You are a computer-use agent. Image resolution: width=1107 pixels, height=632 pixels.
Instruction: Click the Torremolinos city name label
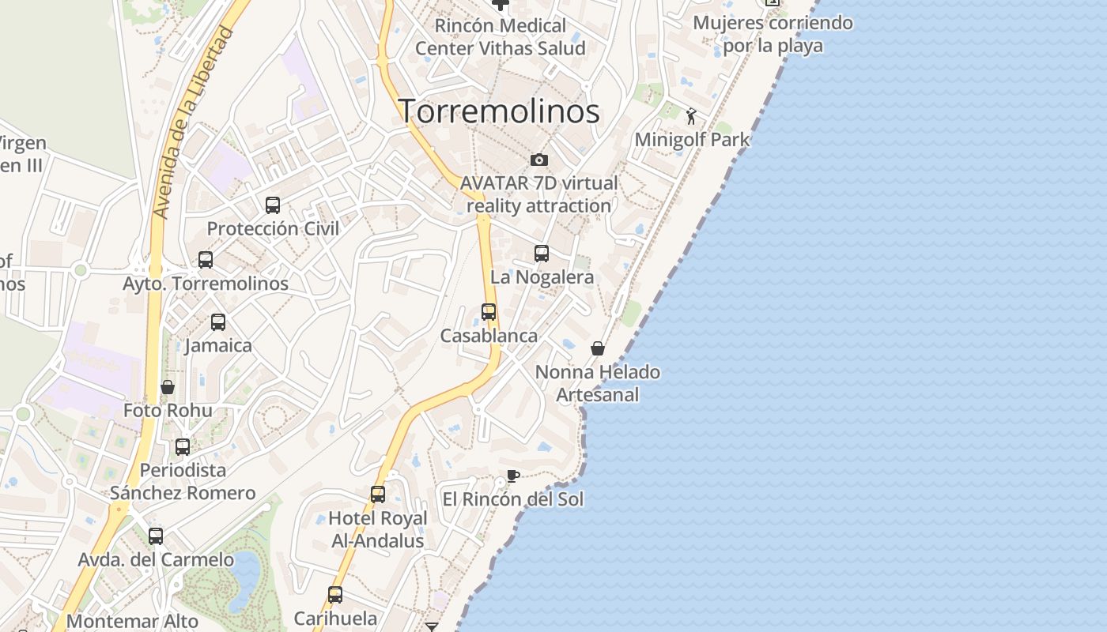pyautogui.click(x=498, y=111)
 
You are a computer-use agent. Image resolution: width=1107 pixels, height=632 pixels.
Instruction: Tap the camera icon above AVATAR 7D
pyautogui.click(x=539, y=160)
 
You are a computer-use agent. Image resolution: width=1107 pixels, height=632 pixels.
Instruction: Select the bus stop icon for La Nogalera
pyautogui.click(x=542, y=254)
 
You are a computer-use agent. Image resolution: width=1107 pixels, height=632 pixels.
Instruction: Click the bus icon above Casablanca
pyautogui.click(x=489, y=312)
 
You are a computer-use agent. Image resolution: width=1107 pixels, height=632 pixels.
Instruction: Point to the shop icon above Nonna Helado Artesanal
pyautogui.click(x=598, y=348)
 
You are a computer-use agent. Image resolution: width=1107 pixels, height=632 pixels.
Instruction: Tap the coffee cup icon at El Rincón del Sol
pyautogui.click(x=512, y=476)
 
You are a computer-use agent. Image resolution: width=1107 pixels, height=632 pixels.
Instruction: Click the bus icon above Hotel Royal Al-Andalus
pyautogui.click(x=378, y=495)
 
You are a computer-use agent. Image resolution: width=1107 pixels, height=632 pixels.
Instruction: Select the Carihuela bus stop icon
pyautogui.click(x=335, y=595)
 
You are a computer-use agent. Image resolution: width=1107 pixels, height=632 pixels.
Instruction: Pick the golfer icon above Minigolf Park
pyautogui.click(x=692, y=116)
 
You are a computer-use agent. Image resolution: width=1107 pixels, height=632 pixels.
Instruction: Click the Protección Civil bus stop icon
pyautogui.click(x=273, y=205)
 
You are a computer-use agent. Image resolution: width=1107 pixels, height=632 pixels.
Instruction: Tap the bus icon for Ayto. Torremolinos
pyautogui.click(x=206, y=260)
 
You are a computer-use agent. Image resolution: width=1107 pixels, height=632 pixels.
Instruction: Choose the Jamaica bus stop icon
pyautogui.click(x=218, y=322)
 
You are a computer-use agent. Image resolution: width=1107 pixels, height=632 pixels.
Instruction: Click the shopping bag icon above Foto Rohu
pyautogui.click(x=168, y=387)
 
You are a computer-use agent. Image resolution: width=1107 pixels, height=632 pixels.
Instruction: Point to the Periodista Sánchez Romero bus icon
pyautogui.click(x=183, y=446)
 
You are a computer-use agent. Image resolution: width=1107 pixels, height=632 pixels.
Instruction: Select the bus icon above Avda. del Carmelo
pyautogui.click(x=156, y=536)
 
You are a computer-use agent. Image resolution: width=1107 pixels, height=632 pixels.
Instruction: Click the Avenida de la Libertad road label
pyautogui.click(x=195, y=122)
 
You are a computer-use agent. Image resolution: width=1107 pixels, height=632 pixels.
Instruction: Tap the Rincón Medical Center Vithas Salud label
pyautogui.click(x=501, y=37)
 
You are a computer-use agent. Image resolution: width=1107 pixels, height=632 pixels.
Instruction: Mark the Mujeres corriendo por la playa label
pyautogui.click(x=773, y=34)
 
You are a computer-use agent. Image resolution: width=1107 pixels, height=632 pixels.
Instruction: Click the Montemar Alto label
pyautogui.click(x=133, y=621)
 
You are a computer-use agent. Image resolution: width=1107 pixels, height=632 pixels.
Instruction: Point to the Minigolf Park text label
pyautogui.click(x=692, y=140)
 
